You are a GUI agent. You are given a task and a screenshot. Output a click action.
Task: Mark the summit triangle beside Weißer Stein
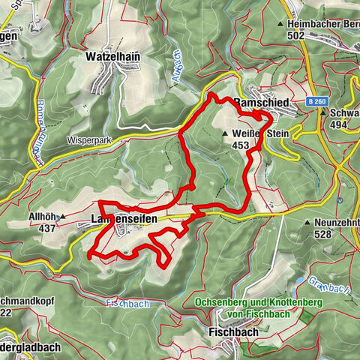point(226,134)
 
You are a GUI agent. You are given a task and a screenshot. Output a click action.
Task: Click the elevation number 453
point(241,145)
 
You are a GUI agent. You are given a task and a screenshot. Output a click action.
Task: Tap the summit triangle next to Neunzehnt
point(307,223)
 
